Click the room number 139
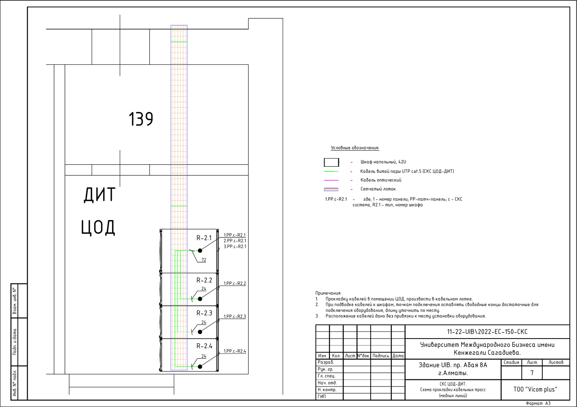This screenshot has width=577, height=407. pos(141,119)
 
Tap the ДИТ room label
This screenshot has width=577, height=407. pos(100,194)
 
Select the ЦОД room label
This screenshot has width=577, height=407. pos(98,227)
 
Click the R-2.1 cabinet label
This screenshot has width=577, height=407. pos(204,238)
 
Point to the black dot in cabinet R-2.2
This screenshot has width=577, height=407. pos(200,299)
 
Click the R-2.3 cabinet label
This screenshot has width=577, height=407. pos(204,313)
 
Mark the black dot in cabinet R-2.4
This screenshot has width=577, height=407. pos(200,367)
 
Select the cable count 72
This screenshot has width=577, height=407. pos(204,260)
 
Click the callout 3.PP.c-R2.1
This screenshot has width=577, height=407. pos(235,247)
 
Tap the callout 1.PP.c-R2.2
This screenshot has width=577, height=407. pos(235,283)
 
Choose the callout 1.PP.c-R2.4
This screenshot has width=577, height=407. pos(235,351)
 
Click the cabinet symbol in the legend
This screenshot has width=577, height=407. pos(331,162)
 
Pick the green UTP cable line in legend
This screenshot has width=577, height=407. pos(331,171)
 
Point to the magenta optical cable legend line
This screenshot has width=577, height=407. pos(331,180)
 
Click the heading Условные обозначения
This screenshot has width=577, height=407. pos(355,148)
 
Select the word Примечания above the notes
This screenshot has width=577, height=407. pos(328,293)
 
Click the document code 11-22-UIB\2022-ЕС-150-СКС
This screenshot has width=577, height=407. pos(487,332)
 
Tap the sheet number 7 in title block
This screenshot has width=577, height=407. pos(532,373)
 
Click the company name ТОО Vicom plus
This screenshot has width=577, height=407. pos(535,389)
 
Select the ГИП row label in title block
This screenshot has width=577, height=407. pos(321,397)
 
